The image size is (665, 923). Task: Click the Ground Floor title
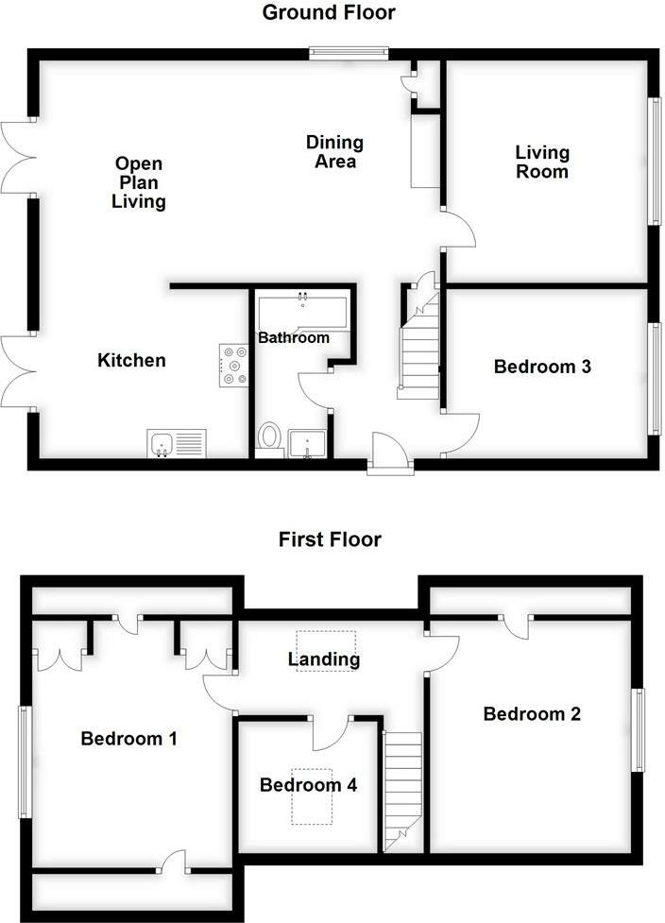click(329, 12)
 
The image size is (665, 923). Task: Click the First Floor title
click(330, 539)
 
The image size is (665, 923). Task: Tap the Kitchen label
click(132, 360)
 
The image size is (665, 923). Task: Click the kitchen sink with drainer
click(177, 442)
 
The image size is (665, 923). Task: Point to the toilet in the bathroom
click(269, 437)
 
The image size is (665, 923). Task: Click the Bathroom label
click(294, 337)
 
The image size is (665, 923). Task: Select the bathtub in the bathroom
click(303, 311)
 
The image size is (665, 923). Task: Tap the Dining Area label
click(334, 152)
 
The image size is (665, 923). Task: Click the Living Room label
click(542, 162)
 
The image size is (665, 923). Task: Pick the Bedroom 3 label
click(542, 367)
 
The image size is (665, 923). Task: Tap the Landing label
click(323, 659)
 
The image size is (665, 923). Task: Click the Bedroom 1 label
click(128, 739)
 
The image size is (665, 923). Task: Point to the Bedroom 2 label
click(531, 713)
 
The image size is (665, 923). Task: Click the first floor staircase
click(403, 788)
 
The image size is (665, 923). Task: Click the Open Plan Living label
click(139, 181)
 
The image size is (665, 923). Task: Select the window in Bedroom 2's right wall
click(639, 730)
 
